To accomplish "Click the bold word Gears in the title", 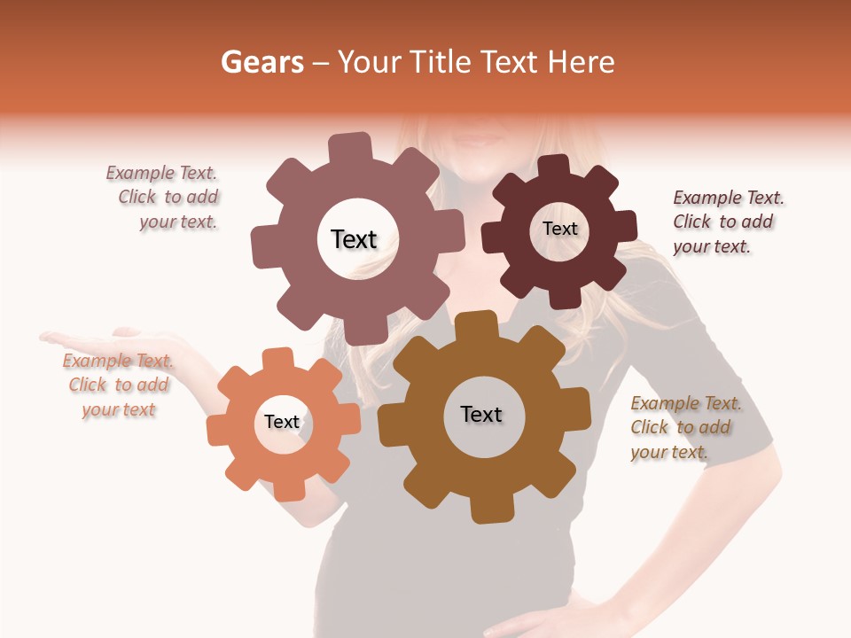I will click(x=262, y=62).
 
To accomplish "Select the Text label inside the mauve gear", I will click(x=354, y=239).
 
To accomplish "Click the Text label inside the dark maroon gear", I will click(x=559, y=229).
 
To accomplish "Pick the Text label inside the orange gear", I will click(x=282, y=423).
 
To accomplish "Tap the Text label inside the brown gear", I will click(x=481, y=415).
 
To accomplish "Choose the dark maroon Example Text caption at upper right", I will click(x=727, y=222).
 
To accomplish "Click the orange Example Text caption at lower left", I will click(x=118, y=385).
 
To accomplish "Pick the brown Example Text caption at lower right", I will click(x=684, y=427).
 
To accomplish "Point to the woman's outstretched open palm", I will click(x=84, y=339).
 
